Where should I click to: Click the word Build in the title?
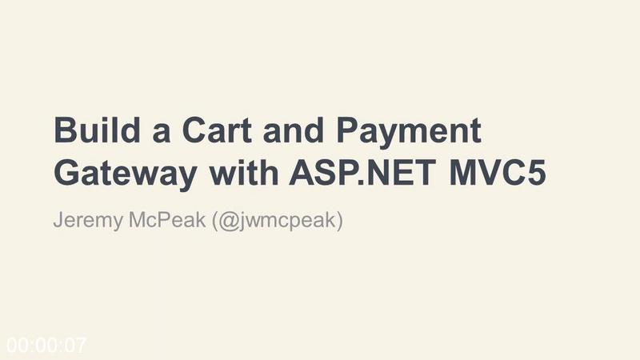pyautogui.click(x=97, y=130)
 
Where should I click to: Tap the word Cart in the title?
pyautogui.click(x=217, y=130)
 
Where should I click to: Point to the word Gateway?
pyautogui.click(x=126, y=174)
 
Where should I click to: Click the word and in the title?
pyautogui.click(x=294, y=130)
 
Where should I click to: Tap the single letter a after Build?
pyautogui.click(x=162, y=134)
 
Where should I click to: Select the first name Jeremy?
pyautogui.click(x=88, y=221)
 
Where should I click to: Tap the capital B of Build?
pyautogui.click(x=66, y=130)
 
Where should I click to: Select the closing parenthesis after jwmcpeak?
pyautogui.click(x=339, y=221)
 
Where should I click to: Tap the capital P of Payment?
pyautogui.click(x=348, y=130)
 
